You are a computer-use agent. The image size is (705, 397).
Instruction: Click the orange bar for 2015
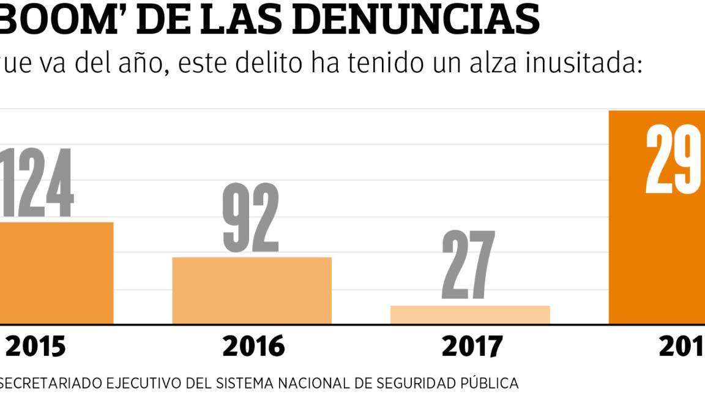coord(56,273)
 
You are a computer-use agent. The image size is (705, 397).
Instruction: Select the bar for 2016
coord(252,290)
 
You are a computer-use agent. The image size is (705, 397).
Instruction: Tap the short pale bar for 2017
coord(470,314)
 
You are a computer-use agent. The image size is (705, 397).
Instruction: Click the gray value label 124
coord(37,183)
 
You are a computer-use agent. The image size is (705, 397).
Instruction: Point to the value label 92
coord(251,218)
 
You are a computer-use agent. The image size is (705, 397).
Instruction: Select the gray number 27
coord(468,266)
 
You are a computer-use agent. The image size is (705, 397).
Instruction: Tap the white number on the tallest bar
coord(673,160)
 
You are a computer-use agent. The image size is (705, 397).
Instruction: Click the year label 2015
coord(35,347)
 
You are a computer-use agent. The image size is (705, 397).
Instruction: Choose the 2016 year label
coord(253,347)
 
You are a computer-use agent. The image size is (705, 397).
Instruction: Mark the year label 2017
coord(471,347)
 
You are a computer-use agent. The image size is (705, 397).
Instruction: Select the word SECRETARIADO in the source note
coord(51,384)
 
